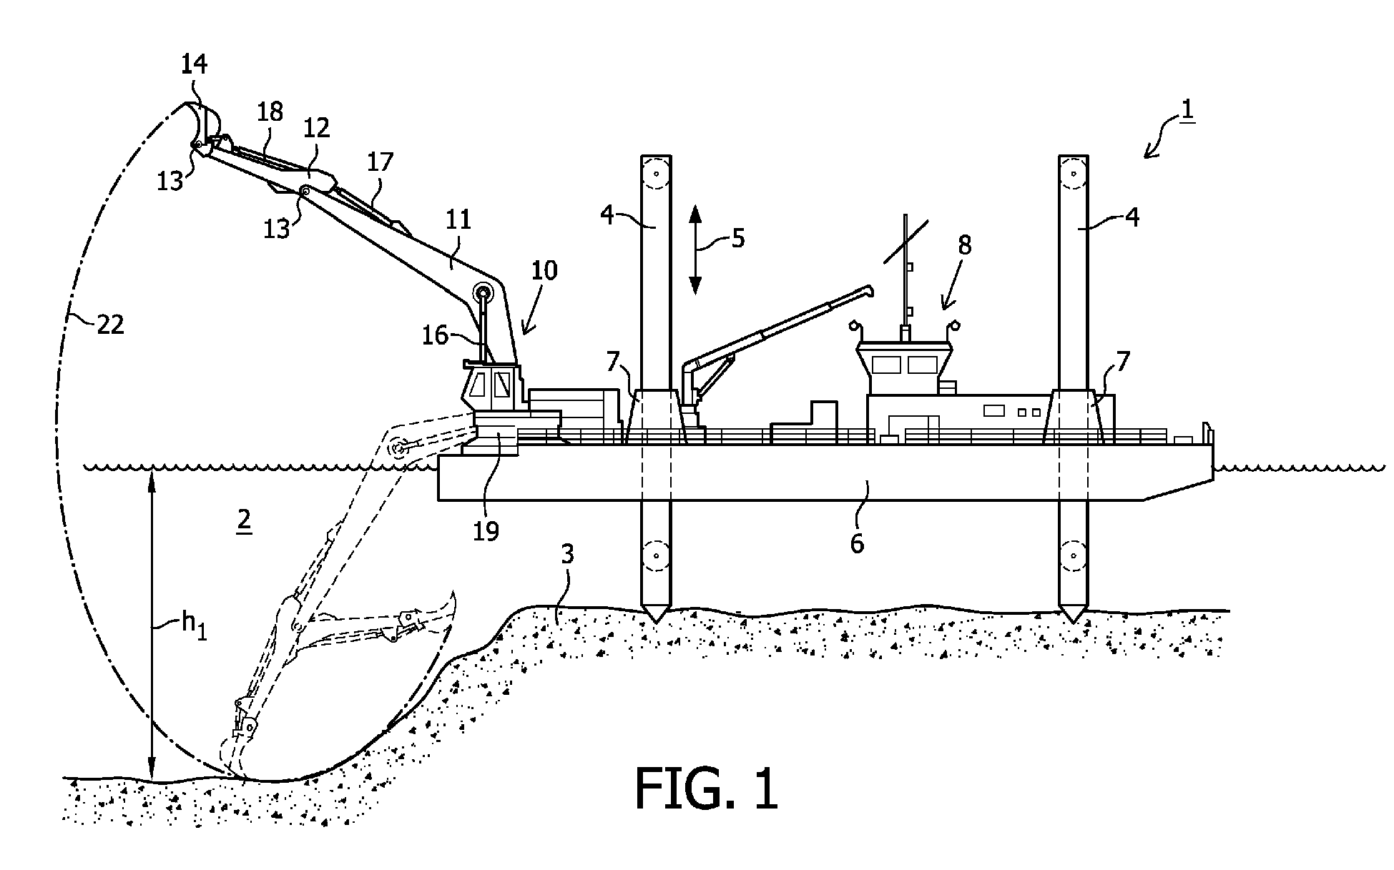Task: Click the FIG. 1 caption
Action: (705, 789)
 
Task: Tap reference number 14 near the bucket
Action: (194, 64)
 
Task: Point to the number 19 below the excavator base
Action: (486, 530)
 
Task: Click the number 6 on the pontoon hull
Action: (857, 543)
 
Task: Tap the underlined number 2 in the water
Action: (244, 520)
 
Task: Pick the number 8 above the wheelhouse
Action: (964, 245)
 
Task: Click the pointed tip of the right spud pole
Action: (1073, 619)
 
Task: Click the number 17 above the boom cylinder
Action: (381, 162)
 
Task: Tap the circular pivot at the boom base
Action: (484, 292)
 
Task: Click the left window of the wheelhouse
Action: (886, 365)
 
